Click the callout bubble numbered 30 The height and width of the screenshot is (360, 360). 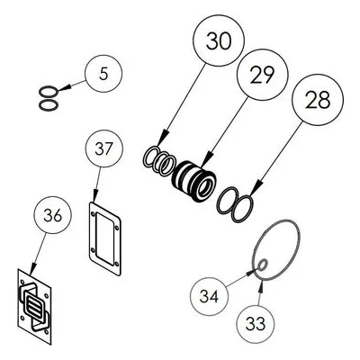click(219, 40)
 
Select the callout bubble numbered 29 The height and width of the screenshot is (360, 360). click(263, 75)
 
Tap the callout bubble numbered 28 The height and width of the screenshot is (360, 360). click(318, 100)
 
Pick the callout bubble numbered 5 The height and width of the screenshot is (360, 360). click(103, 74)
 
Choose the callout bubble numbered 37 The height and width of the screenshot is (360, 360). click(103, 148)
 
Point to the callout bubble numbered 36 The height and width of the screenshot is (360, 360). click(53, 215)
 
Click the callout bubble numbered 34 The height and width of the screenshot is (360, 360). click(209, 296)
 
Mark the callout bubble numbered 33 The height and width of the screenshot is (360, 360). click(256, 324)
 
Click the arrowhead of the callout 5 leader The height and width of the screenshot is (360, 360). click(64, 87)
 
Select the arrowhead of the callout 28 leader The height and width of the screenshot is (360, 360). click(255, 189)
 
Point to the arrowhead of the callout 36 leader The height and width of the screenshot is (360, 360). click(32, 268)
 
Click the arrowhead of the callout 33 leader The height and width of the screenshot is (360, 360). click(261, 286)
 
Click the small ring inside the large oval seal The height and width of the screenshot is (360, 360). click(263, 265)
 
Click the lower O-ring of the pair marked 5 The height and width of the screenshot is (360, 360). click(49, 104)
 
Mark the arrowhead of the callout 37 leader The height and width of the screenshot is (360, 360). click(95, 196)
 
